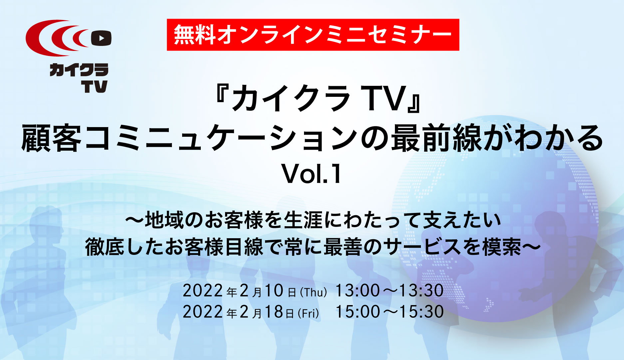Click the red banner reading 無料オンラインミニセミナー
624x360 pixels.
pos(313,35)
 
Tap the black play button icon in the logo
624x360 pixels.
pos(101,38)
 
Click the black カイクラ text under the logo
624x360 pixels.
pos(79,70)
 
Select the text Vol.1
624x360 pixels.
pos(312,174)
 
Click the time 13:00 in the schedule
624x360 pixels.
pos(357,290)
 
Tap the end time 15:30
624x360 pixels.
pos(421,312)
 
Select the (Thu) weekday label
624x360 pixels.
pos(313,292)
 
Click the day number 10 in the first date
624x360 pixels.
pos(273,290)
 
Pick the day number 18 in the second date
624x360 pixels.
pos(273,312)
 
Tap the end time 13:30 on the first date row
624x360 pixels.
pos(421,290)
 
